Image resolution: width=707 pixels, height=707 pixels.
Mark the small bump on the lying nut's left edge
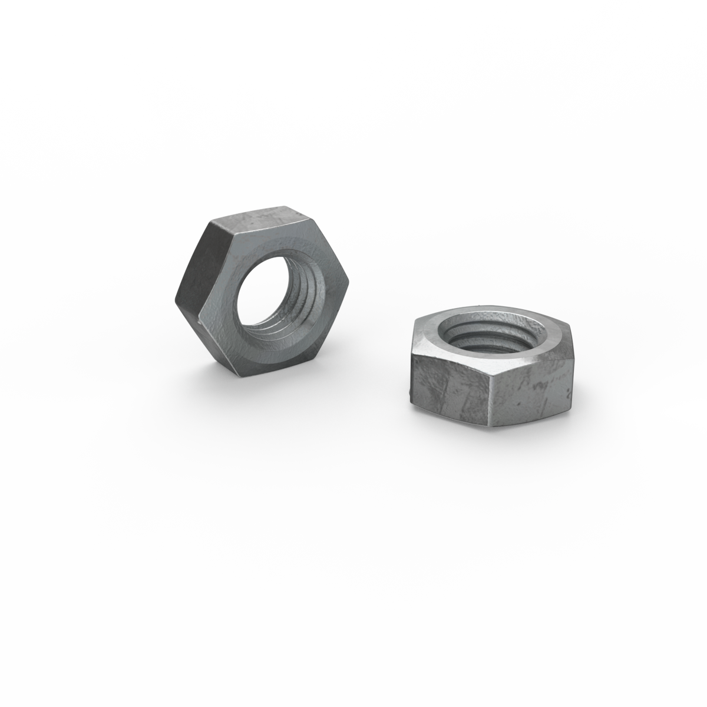click(x=409, y=390)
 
